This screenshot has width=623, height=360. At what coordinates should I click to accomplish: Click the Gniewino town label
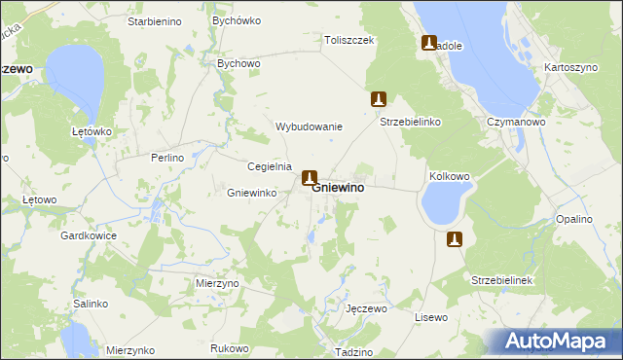[x=339, y=188]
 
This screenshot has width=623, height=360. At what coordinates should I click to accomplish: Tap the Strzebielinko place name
[x=411, y=123]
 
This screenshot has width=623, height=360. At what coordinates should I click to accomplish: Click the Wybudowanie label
[x=310, y=126]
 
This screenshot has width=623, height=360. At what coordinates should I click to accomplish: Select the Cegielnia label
[x=270, y=165]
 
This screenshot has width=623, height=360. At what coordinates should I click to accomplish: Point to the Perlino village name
[x=167, y=157]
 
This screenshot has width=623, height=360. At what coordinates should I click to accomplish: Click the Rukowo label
[x=230, y=347]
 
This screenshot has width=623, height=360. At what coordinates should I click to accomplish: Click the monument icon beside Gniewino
[x=310, y=178]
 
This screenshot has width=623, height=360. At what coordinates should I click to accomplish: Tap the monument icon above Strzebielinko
[x=380, y=99]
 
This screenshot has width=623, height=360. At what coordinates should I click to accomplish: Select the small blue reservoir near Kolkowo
[x=440, y=204]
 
